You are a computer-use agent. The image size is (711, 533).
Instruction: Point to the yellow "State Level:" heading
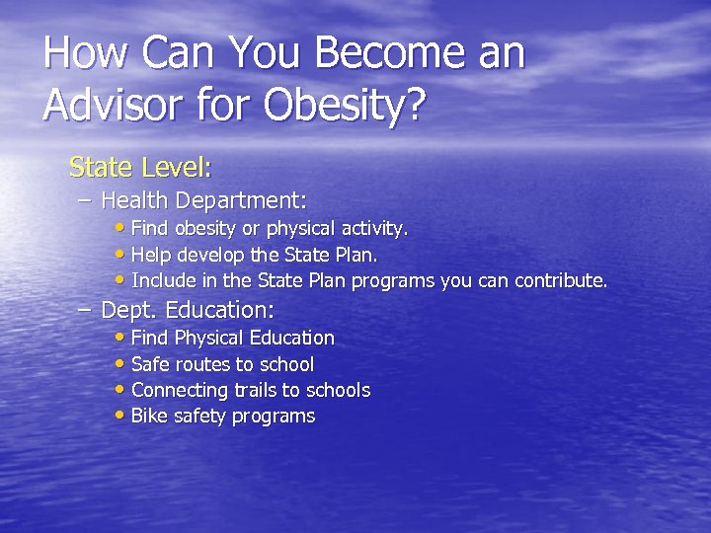click(x=140, y=167)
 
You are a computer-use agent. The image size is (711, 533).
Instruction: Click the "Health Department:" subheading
click(x=204, y=201)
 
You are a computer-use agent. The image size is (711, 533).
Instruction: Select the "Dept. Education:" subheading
click(x=188, y=310)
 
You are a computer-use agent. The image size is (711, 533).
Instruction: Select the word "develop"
click(x=209, y=255)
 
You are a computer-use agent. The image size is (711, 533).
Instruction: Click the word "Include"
click(x=160, y=280)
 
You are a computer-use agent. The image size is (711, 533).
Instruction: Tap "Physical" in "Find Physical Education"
click(x=209, y=339)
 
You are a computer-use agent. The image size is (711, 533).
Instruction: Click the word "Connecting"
click(x=178, y=390)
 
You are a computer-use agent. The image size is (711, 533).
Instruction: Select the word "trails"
click(x=252, y=390)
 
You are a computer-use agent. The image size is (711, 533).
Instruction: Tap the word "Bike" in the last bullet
click(x=149, y=416)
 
